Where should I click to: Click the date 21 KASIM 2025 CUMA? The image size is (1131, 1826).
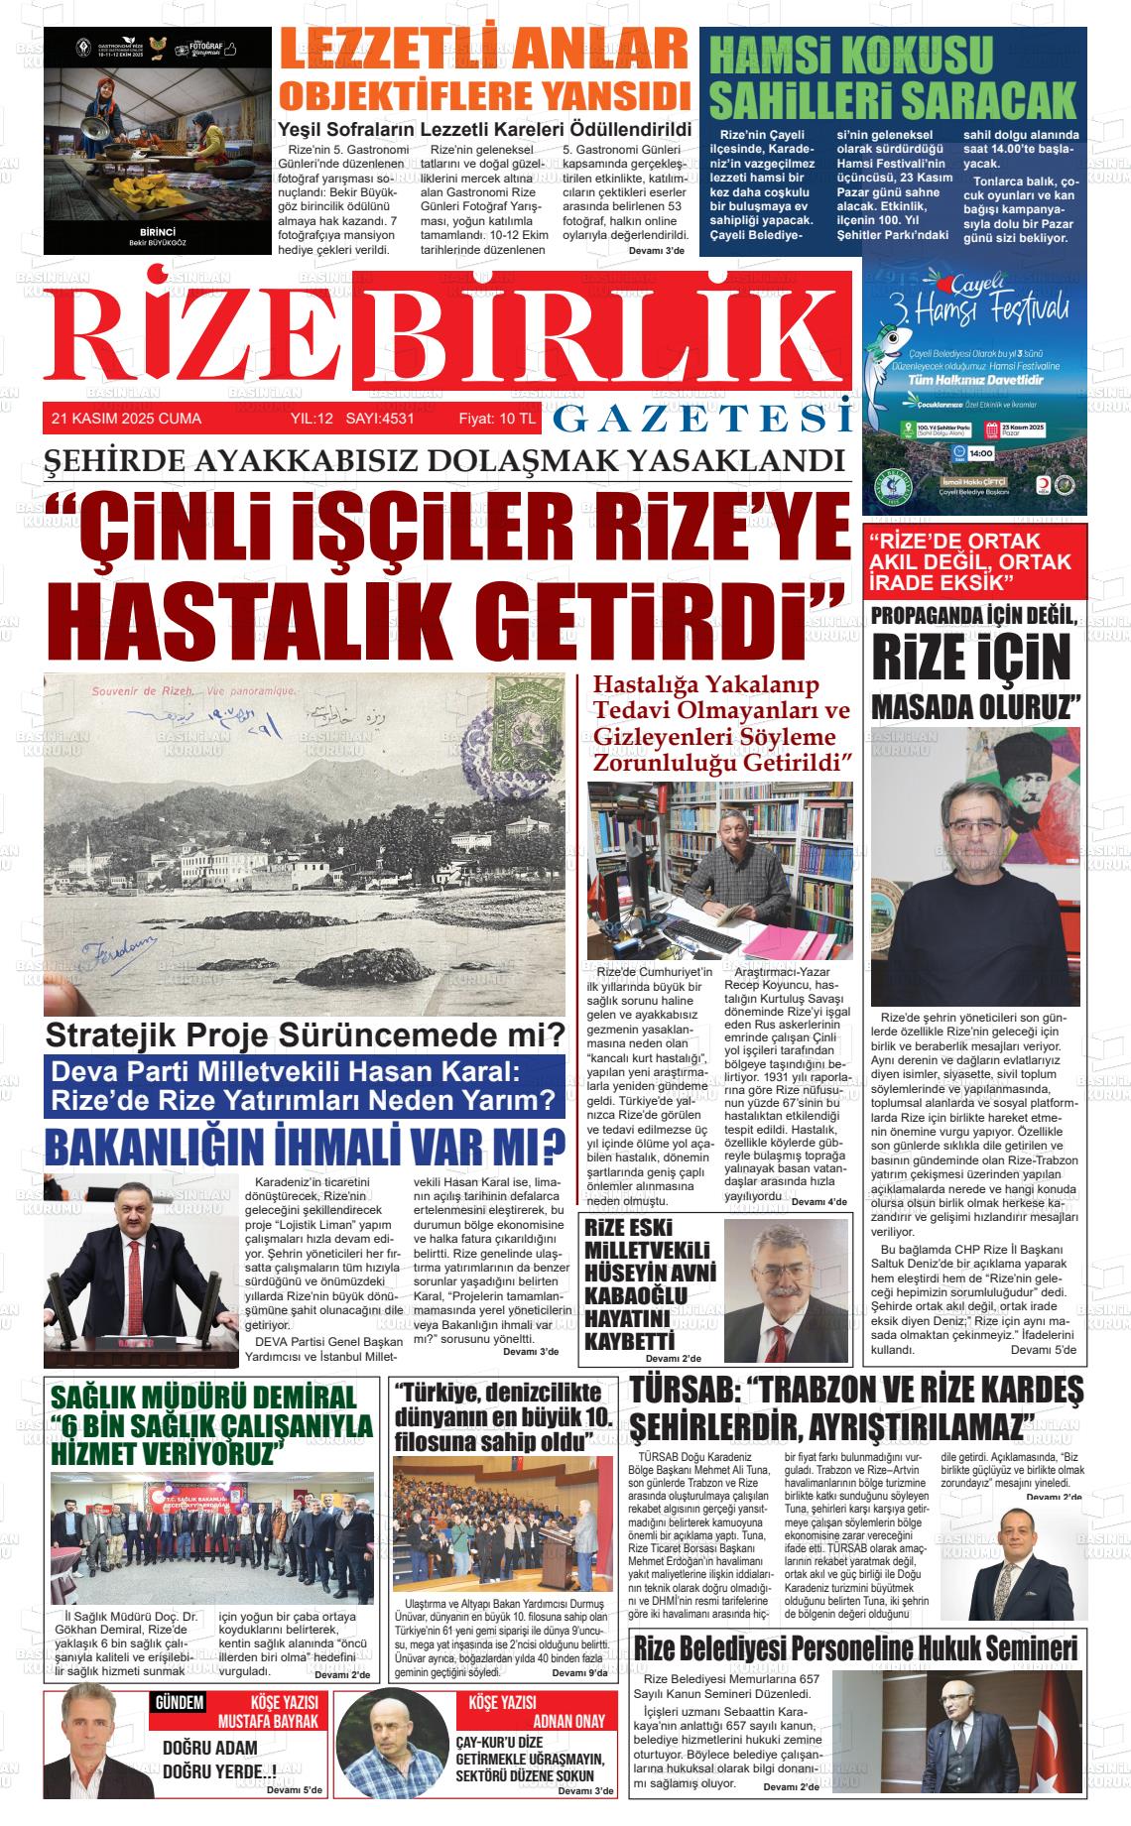(126, 419)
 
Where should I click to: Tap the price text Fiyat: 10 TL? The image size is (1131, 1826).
(496, 419)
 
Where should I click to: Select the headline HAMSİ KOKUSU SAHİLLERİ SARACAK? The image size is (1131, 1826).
(893, 77)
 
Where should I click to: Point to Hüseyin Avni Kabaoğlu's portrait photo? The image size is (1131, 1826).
(785, 1288)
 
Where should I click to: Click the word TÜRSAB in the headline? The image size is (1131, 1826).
(683, 1392)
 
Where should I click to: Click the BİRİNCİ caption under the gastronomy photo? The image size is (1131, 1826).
(157, 231)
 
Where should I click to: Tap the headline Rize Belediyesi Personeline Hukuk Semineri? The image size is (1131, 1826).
(855, 1648)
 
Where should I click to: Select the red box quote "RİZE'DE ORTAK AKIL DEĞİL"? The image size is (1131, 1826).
(957, 559)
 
